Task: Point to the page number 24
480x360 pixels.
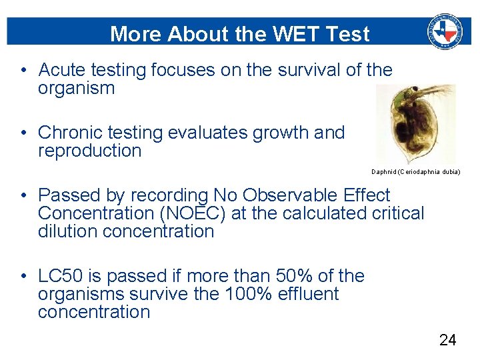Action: point(448,340)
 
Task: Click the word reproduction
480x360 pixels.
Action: point(90,151)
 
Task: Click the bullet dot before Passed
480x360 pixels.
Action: point(23,196)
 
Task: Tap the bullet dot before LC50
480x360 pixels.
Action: point(23,277)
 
